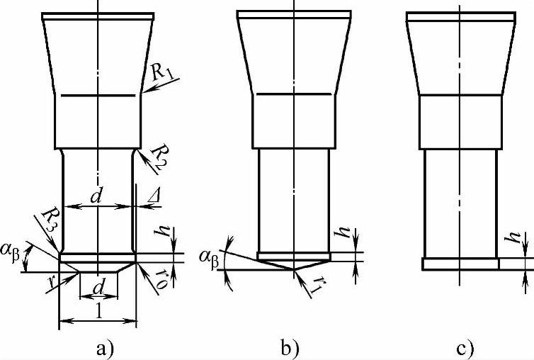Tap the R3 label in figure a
tap(47, 225)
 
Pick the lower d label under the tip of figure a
tap(98, 291)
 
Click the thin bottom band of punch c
tap(460, 264)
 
